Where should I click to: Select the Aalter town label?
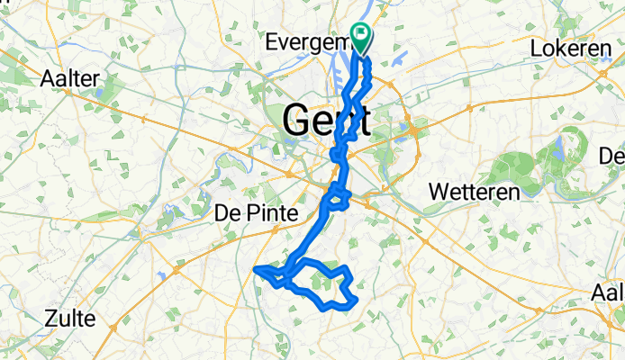coord(69,78)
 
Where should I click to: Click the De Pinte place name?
coord(256,212)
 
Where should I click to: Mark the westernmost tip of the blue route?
coord(256,268)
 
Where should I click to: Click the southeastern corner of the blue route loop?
coord(357,300)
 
